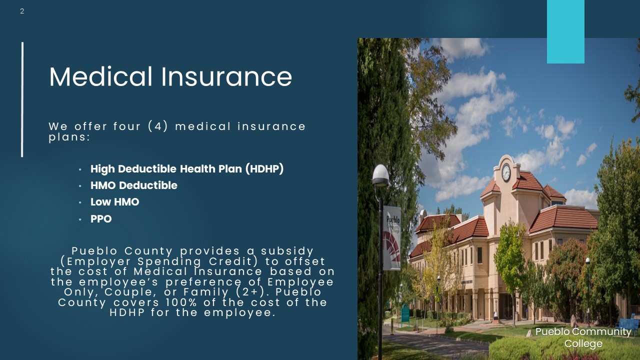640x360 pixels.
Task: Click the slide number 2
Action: tap(22, 11)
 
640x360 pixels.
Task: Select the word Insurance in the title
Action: tap(226, 76)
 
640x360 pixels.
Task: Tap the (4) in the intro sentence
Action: tap(158, 126)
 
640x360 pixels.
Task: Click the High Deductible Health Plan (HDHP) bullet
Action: tap(187, 169)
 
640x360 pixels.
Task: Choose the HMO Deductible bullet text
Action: tap(133, 185)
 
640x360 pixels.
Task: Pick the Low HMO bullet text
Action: tap(114, 202)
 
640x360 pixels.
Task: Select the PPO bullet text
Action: tap(101, 219)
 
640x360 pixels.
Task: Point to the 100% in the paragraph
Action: tap(181, 302)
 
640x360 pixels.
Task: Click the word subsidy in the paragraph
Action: tap(287, 251)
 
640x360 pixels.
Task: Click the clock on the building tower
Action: tap(506, 172)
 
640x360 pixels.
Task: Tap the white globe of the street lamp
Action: tap(380, 174)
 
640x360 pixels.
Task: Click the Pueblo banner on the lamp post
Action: tap(391, 237)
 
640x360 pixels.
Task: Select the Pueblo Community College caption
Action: tap(583, 337)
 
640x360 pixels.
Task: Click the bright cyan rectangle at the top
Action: tap(565, 31)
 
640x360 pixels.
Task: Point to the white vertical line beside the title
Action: tap(22, 99)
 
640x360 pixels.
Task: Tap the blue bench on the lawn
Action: tap(628, 323)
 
